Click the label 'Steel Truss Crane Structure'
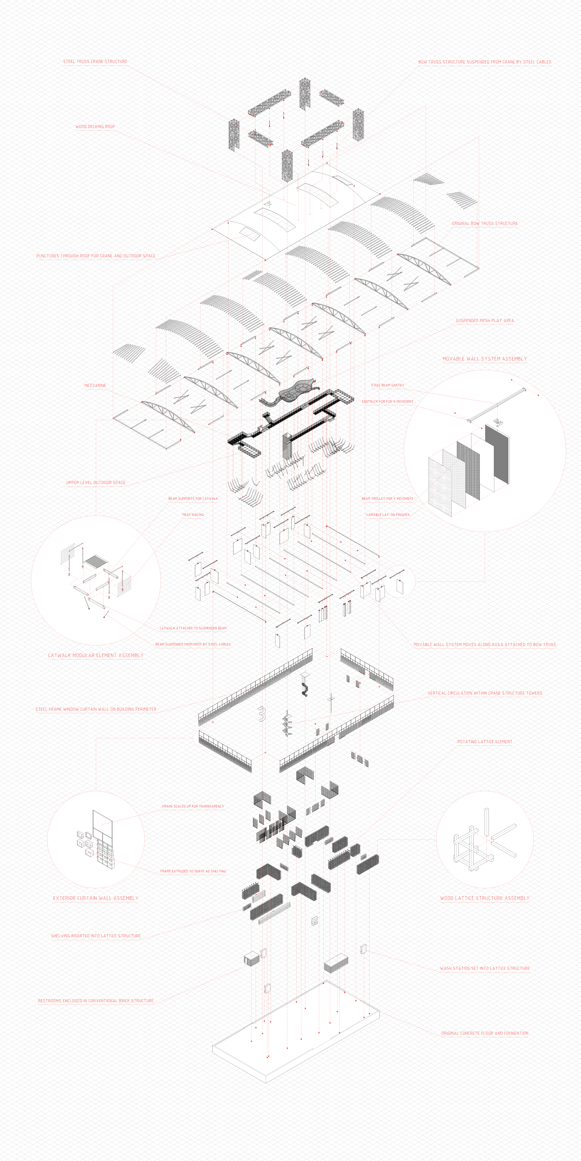coord(95,61)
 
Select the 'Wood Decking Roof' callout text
coord(95,127)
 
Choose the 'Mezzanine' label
coord(95,385)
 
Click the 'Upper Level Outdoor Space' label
coord(96,482)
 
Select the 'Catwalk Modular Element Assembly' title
coord(96,655)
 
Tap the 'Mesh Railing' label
coord(193,515)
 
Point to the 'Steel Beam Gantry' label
coord(387,385)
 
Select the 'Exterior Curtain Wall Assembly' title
coord(96,898)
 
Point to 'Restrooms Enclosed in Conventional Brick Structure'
coord(96,1001)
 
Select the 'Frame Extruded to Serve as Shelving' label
coord(193,871)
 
